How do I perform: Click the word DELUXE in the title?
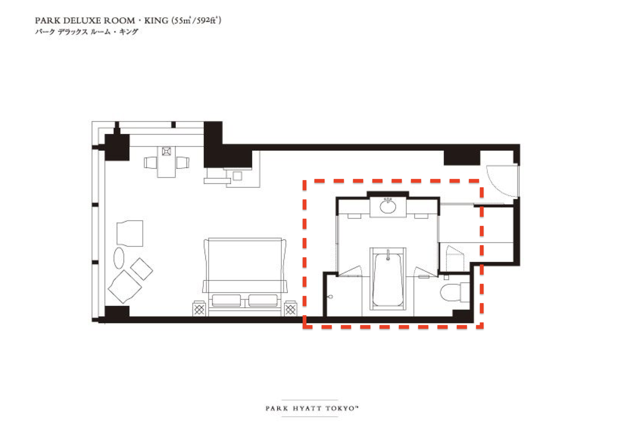point(82,20)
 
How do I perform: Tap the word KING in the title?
point(156,20)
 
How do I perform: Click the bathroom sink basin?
point(388,206)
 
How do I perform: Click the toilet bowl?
point(450,292)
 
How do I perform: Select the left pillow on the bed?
point(226,300)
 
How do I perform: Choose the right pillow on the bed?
point(263,300)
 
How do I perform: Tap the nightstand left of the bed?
point(199,308)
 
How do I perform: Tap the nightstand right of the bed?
point(290,308)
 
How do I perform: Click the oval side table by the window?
point(119,258)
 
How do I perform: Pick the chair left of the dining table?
point(150,163)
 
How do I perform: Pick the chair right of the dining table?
point(183,163)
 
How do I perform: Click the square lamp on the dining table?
point(166,151)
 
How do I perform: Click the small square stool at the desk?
point(237,176)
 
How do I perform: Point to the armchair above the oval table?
point(130,233)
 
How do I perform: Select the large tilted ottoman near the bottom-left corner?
point(125,287)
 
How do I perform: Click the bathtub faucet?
point(388,255)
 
